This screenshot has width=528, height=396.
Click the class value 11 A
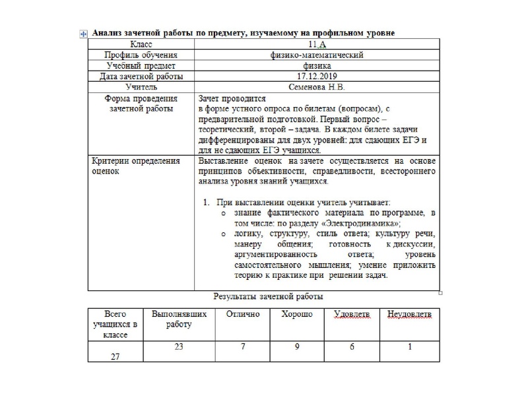tap(317, 45)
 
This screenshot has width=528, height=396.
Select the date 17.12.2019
tap(317, 77)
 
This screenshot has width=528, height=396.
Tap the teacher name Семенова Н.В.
tap(317, 87)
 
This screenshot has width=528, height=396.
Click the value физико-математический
tap(317, 55)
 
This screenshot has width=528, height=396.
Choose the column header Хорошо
tap(297, 315)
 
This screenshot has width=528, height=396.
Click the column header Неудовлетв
tap(409, 315)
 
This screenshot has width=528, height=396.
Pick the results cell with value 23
tap(178, 346)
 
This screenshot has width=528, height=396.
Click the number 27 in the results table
tap(115, 356)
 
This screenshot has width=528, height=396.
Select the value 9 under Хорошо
tap(297, 346)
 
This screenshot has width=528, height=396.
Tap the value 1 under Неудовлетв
tap(409, 346)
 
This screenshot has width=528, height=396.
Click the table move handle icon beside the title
tap(82, 34)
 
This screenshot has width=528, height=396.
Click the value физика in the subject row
tap(317, 66)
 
